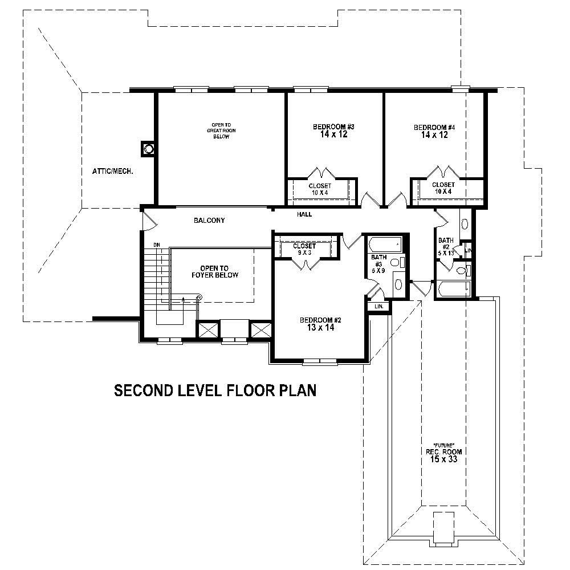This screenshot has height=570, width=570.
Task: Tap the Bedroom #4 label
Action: coord(434,131)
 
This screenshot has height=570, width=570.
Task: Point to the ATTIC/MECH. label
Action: coord(113,170)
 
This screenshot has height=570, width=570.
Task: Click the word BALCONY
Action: coord(209,220)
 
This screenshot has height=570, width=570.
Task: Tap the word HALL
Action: coord(304,214)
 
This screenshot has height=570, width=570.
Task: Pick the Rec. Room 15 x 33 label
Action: coord(443,454)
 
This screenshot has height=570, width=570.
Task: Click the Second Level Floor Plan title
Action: coord(215,390)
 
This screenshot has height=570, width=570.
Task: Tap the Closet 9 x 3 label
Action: coord(304,249)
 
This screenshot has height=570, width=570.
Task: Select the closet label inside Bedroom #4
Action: coord(443,188)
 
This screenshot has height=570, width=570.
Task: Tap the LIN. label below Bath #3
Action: coord(378,307)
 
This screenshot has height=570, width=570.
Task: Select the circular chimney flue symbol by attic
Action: coord(149,149)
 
